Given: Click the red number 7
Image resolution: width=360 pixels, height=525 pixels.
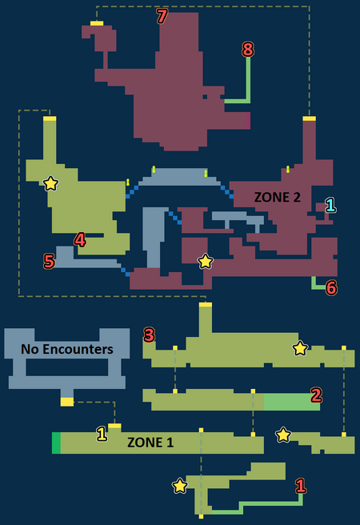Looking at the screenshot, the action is pos(162,16).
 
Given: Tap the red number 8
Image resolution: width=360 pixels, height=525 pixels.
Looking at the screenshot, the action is pos(248,50).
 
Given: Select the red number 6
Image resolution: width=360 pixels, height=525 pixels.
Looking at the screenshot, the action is pos(331,287).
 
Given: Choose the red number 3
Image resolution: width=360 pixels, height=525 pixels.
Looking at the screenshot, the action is pos(150,335).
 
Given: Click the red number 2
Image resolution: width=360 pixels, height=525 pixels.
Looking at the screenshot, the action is pos(316,395).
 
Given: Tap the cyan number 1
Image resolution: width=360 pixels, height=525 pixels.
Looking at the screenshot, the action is pos(330,205).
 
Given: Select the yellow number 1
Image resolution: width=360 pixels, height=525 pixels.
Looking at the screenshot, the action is pos(102,434).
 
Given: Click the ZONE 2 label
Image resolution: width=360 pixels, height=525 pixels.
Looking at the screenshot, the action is pos(277,197).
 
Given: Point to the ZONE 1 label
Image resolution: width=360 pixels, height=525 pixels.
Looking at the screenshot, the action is pos(150,443).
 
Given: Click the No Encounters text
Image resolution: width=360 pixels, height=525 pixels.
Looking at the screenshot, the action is pos(67,349).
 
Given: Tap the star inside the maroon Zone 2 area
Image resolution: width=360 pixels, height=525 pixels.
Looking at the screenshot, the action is pos(205,261).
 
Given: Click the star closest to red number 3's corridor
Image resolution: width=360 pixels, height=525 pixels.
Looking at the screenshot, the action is pos(300,348).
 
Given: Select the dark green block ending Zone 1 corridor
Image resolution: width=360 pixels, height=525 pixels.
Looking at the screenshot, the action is pos(56,443).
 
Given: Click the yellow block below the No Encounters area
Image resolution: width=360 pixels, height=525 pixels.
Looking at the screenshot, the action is pos(67,402).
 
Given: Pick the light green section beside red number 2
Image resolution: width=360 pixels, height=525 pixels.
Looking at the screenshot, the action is pos(292,402).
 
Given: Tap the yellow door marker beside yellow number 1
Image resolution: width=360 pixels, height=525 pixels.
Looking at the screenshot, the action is pos(114,426).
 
